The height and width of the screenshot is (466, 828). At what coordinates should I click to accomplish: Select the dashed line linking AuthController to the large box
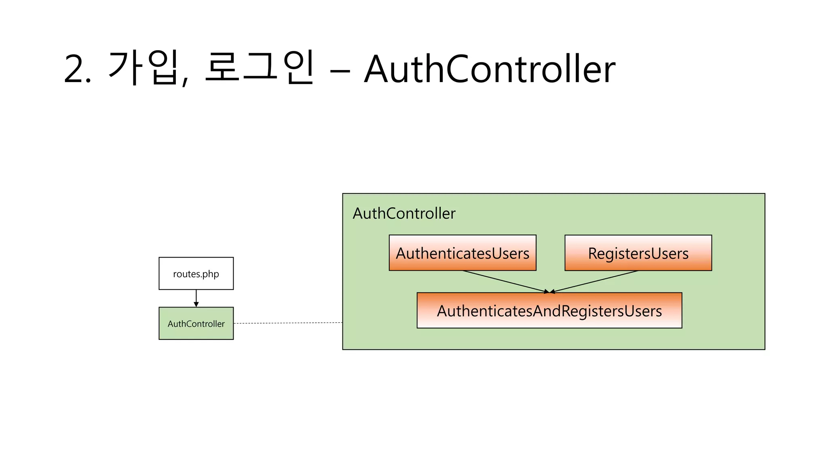288,323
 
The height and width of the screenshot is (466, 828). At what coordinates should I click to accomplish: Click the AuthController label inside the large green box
404,213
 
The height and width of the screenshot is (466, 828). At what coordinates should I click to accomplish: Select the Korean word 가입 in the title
144,68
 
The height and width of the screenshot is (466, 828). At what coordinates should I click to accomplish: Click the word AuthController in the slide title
489,70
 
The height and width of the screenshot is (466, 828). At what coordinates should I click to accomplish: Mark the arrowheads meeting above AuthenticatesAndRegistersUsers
549,291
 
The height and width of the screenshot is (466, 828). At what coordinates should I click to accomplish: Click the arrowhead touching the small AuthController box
196,304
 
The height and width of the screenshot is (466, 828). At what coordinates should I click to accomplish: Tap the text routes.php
196,274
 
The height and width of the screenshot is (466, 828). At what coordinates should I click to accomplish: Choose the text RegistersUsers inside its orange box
638,254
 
